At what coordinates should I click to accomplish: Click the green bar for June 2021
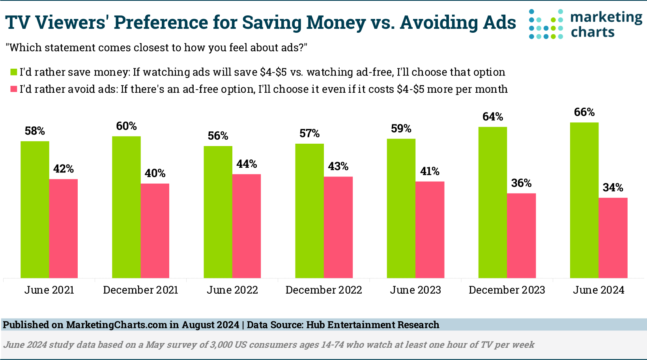(35, 209)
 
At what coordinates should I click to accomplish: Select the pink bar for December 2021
(155, 231)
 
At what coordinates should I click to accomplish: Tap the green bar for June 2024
(584, 200)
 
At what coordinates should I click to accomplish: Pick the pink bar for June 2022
(247, 226)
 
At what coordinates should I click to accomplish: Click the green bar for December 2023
(493, 202)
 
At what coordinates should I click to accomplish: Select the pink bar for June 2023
(430, 229)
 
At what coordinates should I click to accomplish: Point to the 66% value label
(584, 112)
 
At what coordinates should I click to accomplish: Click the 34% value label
(613, 187)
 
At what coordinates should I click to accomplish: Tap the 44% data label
(247, 164)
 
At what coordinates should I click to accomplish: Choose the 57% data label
(309, 133)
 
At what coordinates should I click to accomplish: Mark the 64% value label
(493, 117)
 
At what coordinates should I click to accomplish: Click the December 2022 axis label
(323, 290)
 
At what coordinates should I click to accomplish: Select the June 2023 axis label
(415, 290)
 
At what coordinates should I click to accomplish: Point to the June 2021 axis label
(49, 290)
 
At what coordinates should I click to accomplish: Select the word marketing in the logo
(606, 17)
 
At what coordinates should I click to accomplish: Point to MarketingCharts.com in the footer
(116, 325)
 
